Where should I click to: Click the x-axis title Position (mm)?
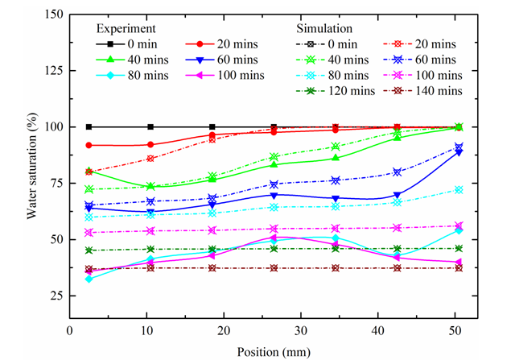coord(269,351)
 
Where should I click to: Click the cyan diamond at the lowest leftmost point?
coord(89,279)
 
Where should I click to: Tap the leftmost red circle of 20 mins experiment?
coord(89,145)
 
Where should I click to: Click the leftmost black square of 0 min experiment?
coord(89,126)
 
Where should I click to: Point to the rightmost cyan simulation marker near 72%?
coord(459,189)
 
